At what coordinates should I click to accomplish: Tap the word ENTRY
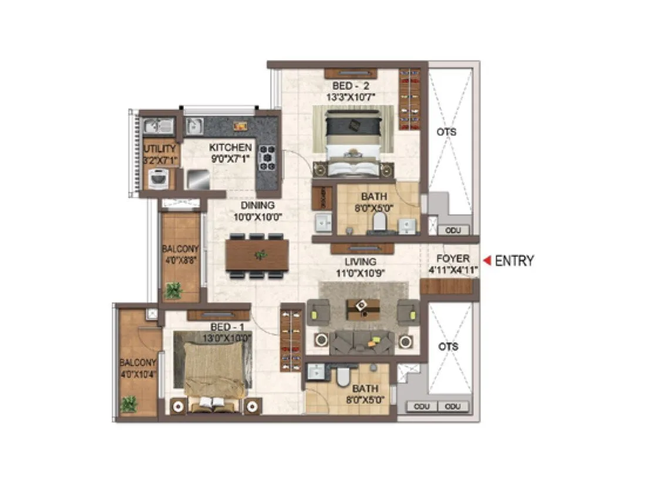(514, 260)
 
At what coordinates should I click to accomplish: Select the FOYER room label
(453, 259)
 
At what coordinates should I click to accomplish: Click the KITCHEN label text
(231, 148)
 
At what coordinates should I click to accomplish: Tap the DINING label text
(257, 206)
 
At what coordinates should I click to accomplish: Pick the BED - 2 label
(351, 85)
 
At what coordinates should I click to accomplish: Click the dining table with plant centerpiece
(257, 255)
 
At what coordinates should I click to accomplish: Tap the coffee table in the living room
(362, 307)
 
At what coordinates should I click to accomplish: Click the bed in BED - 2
(353, 141)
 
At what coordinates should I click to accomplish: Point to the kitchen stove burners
(267, 158)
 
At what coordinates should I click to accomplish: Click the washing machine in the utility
(158, 178)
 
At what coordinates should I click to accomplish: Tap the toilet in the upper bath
(379, 221)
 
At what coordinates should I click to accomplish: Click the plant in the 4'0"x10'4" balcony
(129, 404)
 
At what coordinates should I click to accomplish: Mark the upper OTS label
(446, 132)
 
